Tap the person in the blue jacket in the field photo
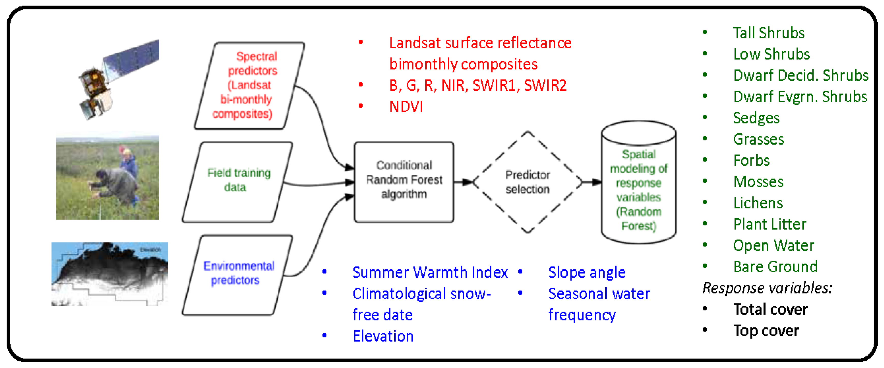tap(128, 161)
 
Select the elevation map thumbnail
tap(110, 274)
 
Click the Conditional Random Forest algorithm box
tap(404, 182)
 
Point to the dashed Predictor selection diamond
tap(528, 182)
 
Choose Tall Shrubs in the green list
tap(769, 33)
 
